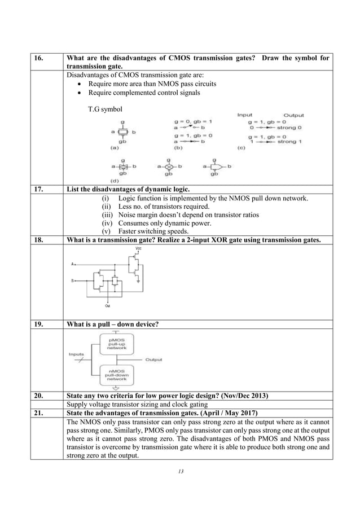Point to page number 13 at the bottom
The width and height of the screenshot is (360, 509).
point(180,472)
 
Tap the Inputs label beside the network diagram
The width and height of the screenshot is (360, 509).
point(77,354)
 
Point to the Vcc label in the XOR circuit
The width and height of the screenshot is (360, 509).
point(139,249)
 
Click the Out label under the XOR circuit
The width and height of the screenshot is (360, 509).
point(107,306)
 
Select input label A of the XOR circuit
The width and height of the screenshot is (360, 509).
point(72,264)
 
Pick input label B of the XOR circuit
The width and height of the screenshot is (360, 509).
point(72,280)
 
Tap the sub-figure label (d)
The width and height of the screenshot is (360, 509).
point(114,180)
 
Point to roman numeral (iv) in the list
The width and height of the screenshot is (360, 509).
point(107,223)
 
